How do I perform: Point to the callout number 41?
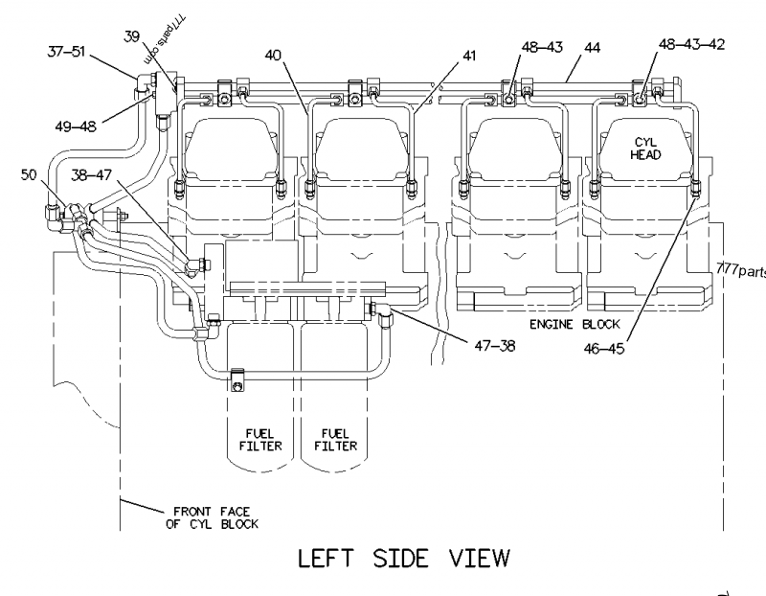(468, 57)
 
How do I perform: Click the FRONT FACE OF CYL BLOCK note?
(206, 517)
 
